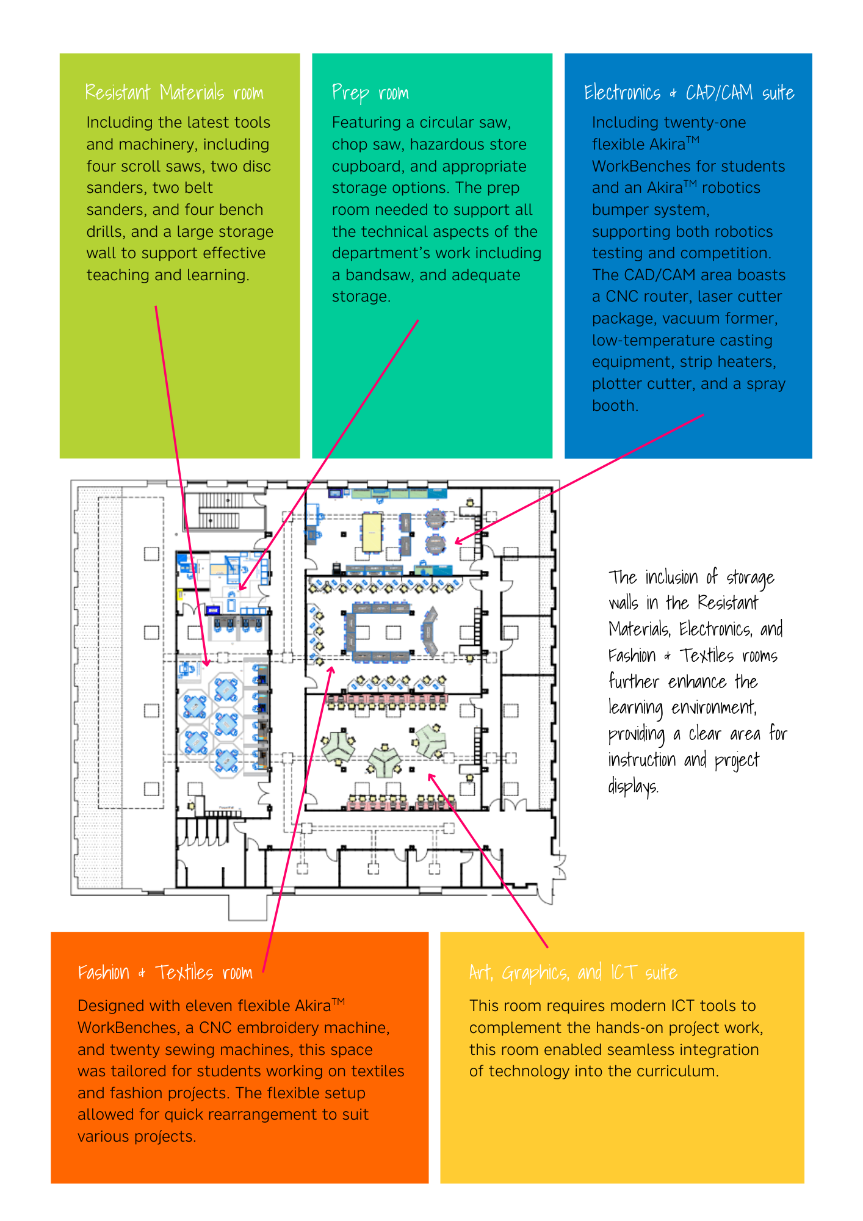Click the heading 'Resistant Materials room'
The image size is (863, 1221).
(174, 92)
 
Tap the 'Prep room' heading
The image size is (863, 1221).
(370, 93)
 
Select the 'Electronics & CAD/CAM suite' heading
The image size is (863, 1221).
(689, 92)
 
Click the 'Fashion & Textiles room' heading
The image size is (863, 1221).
(165, 972)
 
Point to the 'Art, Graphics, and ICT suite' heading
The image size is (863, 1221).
(573, 973)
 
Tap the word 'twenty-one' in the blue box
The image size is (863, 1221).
(708, 123)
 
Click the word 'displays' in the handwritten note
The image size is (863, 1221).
(634, 785)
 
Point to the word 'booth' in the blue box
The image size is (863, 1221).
(615, 405)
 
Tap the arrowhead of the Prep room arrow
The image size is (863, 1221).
(242, 587)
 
